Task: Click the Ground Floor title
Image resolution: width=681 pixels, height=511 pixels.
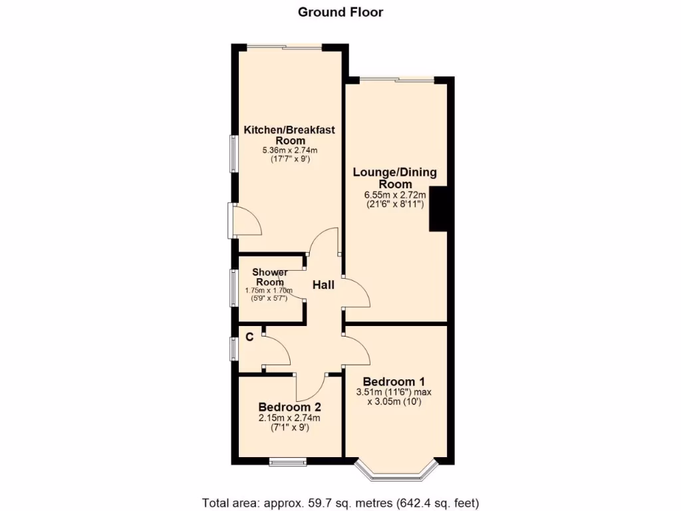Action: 340,12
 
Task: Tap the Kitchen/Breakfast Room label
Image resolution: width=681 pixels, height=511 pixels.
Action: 289,135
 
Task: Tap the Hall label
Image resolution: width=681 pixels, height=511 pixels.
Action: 324,285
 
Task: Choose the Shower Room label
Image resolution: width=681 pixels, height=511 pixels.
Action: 270,277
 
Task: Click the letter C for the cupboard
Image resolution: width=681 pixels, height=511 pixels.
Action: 249,337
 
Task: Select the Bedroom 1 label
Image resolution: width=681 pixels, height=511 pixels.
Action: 394,382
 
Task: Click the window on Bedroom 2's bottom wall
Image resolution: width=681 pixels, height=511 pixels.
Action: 288,461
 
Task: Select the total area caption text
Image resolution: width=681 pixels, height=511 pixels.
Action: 340,502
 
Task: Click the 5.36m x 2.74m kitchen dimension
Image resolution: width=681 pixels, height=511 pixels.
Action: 289,151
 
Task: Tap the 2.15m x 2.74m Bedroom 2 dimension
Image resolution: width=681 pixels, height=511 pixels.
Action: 289,418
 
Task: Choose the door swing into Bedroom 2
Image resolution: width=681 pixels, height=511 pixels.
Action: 310,386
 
